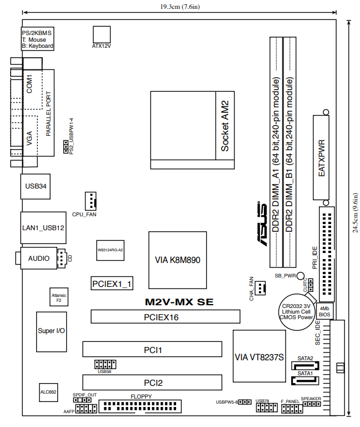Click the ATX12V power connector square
102,33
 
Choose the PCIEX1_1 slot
112,284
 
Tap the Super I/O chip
51,330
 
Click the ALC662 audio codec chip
48,392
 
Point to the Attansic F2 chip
58,297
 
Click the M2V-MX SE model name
179,302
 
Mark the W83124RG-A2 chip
110,250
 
